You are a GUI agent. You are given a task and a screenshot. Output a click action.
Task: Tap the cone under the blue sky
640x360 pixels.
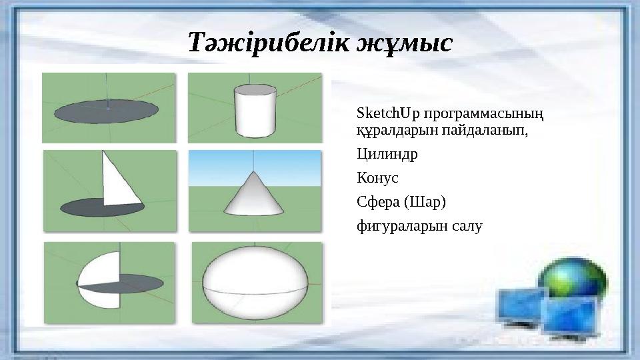255,194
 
